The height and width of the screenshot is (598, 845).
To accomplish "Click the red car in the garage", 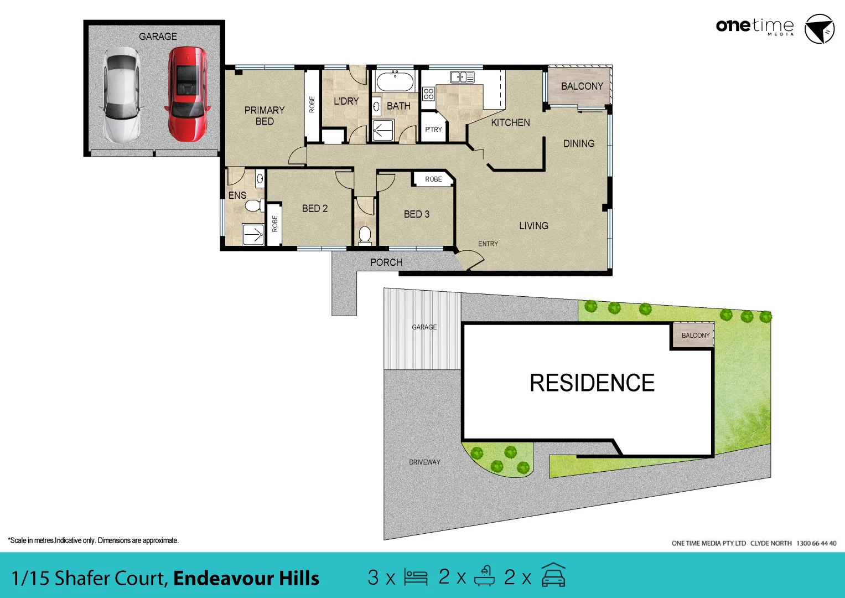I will [x=188, y=94].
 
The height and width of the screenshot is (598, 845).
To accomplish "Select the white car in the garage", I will [x=121, y=95].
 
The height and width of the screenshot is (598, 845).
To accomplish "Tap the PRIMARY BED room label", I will [x=265, y=116].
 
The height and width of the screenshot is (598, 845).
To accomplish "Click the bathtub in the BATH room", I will [x=395, y=82].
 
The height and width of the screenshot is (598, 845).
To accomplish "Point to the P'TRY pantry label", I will [x=433, y=130].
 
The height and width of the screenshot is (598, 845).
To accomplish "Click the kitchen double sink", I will [x=462, y=77].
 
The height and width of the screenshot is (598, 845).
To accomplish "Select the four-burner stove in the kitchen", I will [x=428, y=94].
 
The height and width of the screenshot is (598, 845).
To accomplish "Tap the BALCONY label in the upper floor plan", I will [x=582, y=86].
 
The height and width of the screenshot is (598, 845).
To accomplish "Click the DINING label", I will [x=579, y=144].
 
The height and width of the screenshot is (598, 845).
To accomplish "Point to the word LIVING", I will [x=533, y=226].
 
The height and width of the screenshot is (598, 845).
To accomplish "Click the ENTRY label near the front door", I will [x=488, y=244].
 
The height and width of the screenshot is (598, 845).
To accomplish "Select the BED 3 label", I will [x=416, y=214].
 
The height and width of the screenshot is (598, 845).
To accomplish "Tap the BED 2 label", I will [x=314, y=209].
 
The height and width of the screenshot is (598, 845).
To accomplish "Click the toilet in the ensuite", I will [x=253, y=206].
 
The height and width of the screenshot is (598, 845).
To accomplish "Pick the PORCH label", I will [x=386, y=262].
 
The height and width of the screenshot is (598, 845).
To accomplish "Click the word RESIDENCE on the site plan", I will [x=592, y=383].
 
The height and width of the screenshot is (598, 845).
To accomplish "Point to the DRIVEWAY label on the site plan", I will [x=424, y=462].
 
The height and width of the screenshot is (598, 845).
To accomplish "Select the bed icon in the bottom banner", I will [x=416, y=577].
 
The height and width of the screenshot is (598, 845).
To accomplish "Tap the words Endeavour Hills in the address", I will [x=246, y=578].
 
